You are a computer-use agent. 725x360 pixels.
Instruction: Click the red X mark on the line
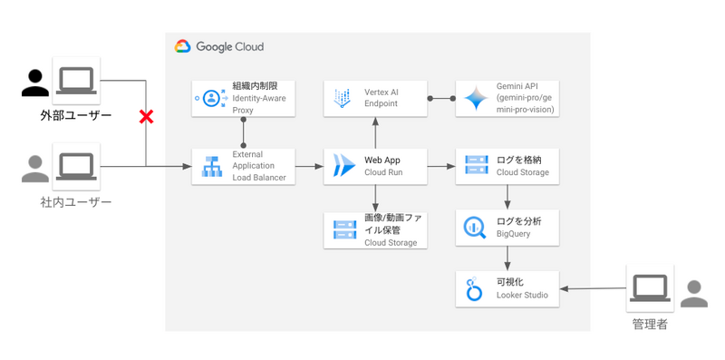click(146, 118)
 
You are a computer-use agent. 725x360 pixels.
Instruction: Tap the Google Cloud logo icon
click(183, 47)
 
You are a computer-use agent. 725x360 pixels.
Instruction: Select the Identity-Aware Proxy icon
click(211, 98)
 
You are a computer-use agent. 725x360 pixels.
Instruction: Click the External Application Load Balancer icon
click(212, 167)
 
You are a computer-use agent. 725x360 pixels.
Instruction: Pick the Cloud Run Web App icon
click(344, 167)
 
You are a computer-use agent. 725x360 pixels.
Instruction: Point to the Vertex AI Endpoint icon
click(343, 98)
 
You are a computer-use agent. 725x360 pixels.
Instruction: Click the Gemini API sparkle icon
click(477, 98)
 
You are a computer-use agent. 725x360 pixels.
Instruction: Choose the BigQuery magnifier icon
click(474, 228)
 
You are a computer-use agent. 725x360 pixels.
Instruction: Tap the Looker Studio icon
click(474, 289)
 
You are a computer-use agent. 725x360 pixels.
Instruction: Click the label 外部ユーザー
click(76, 115)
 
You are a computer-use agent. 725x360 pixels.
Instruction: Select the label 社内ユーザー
click(76, 201)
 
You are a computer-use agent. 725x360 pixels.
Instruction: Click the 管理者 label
click(650, 325)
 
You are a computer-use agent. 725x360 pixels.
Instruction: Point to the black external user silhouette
click(35, 83)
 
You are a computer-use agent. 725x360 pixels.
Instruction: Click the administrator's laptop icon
click(650, 288)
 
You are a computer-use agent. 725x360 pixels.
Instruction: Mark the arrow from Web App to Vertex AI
click(375, 132)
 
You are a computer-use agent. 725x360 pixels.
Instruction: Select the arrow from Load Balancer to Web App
click(309, 167)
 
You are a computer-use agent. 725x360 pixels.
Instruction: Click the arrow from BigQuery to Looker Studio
click(507, 258)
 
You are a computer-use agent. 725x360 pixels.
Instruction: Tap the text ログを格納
click(518, 161)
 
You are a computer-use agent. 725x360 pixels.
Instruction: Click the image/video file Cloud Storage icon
click(345, 230)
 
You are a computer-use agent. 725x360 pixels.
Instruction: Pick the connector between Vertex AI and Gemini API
click(441, 98)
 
